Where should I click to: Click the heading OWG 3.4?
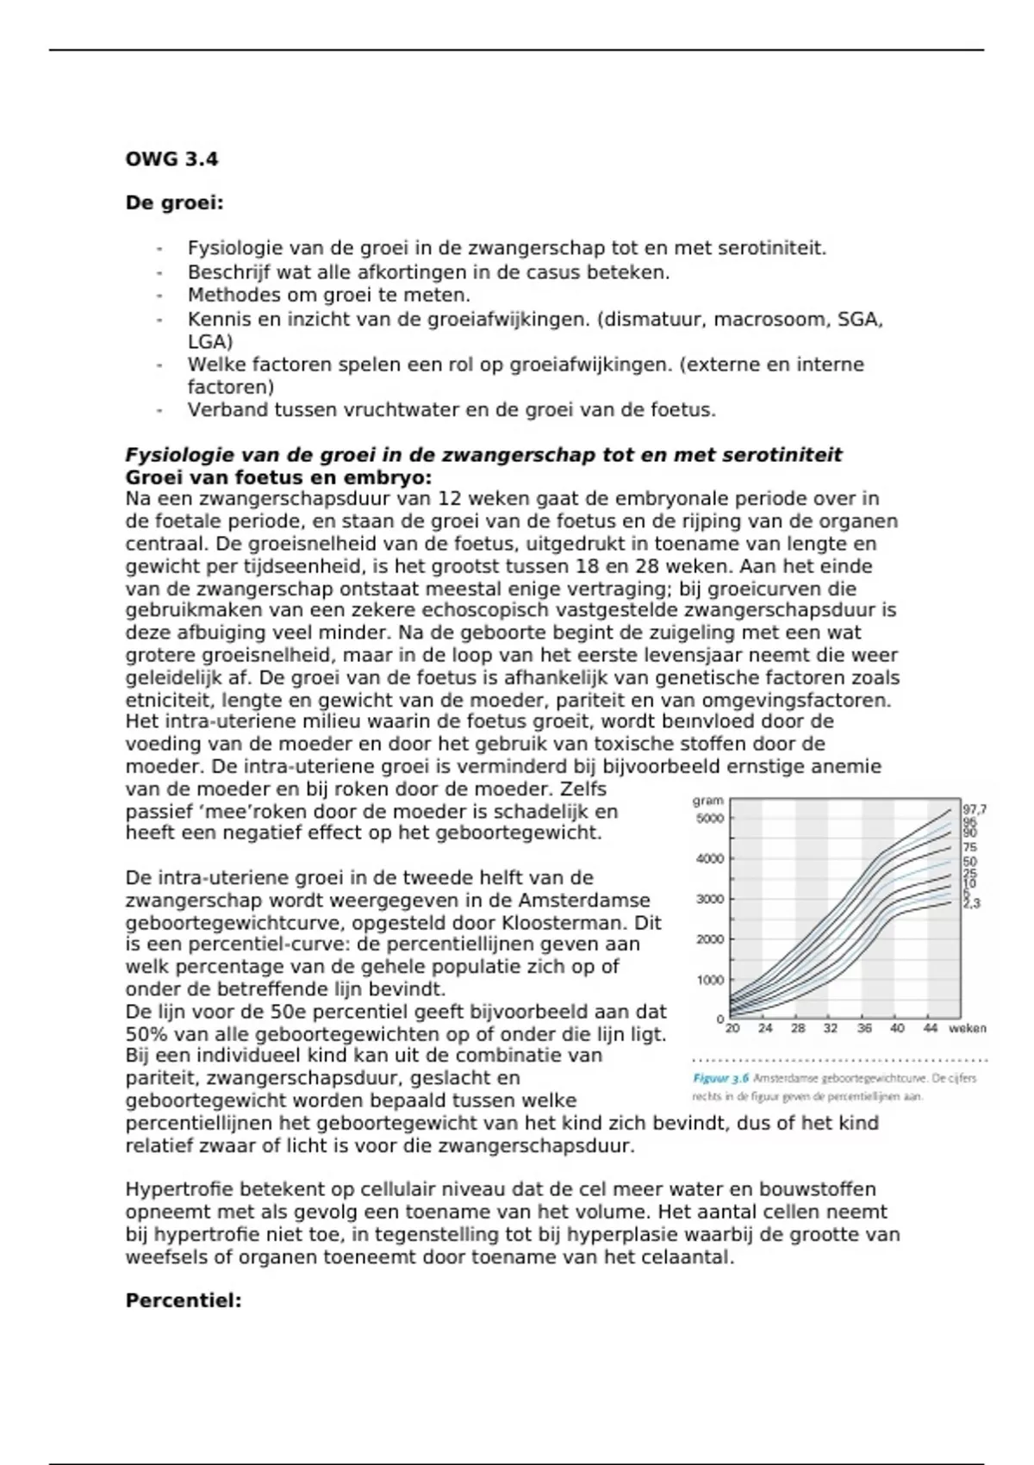coord(171,159)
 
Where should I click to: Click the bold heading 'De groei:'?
coord(174,203)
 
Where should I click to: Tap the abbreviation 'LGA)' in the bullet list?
coord(210,341)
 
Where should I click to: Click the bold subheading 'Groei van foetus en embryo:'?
coord(278,477)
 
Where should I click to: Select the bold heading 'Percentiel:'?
coord(184,1301)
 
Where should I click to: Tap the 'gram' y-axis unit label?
coord(708,801)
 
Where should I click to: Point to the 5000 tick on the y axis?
coord(710,819)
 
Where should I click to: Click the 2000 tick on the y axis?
coord(710,939)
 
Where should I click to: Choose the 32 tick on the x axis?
coord(831,1028)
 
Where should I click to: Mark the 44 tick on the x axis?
coord(931,1028)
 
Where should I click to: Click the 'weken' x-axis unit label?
coord(968,1028)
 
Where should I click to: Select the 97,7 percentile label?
coord(975,810)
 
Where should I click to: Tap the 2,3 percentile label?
coord(972,904)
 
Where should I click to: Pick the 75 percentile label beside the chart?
coord(970,848)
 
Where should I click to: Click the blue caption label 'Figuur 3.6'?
coord(721,1078)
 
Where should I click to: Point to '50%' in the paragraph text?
coord(143,1034)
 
